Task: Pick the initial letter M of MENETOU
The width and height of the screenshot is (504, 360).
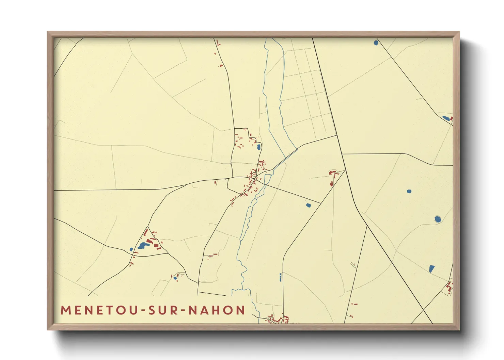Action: pyautogui.click(x=65, y=310)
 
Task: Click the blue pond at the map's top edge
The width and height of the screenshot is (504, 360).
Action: pyautogui.click(x=376, y=43)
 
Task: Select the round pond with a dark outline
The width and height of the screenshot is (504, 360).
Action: pyautogui.click(x=438, y=219)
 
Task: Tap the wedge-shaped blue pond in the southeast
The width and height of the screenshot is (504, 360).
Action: pyautogui.click(x=432, y=268)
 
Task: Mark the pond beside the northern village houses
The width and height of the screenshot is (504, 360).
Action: pyautogui.click(x=258, y=147)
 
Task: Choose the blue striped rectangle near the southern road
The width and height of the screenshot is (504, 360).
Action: pyautogui.click(x=281, y=277)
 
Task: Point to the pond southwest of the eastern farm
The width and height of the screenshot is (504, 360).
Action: pyautogui.click(x=308, y=205)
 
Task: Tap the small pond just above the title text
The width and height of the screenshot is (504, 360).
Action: pyautogui.click(x=175, y=278)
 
